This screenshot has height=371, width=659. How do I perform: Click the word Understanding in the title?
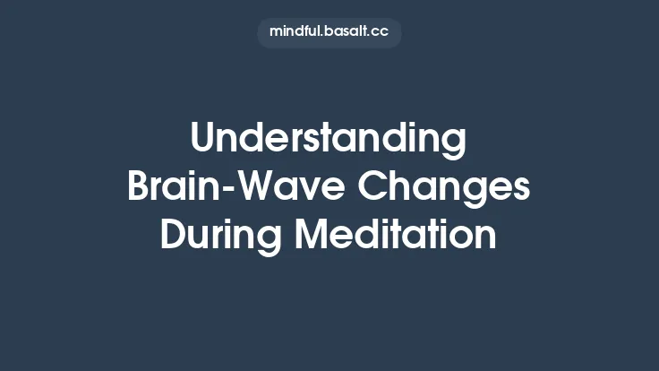point(329,140)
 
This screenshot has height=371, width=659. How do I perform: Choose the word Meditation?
point(396,235)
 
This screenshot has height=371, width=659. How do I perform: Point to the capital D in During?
point(172,235)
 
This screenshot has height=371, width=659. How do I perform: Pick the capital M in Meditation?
point(312,235)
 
